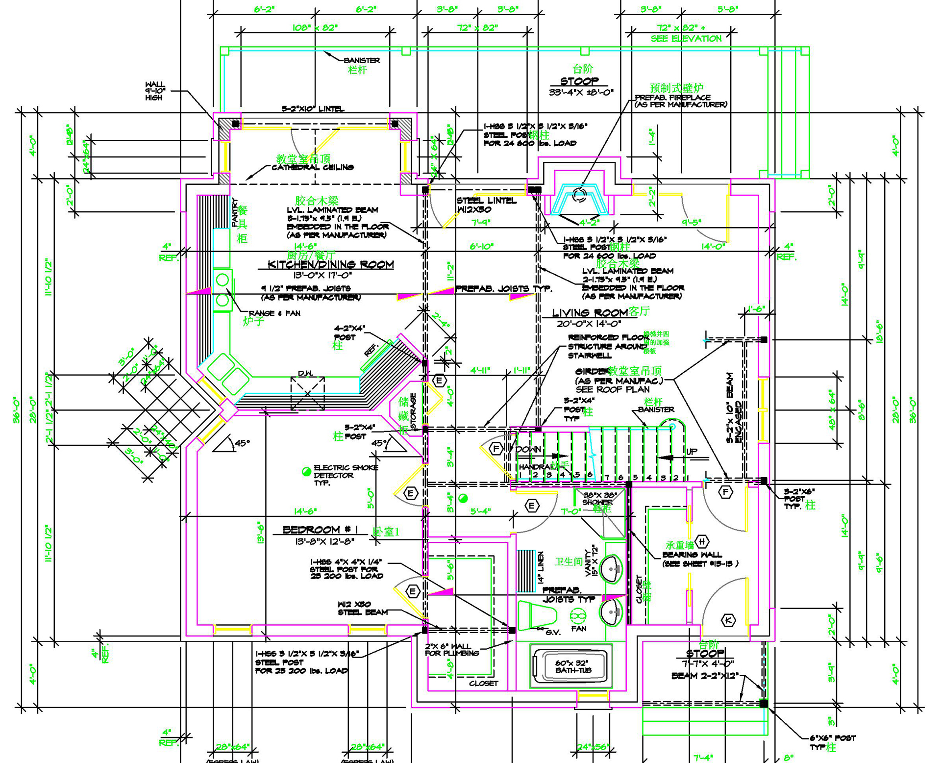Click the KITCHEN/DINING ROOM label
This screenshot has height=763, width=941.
pyautogui.click(x=330, y=265)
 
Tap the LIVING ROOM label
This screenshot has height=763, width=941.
pyautogui.click(x=590, y=313)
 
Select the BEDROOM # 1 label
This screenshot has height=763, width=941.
pyautogui.click(x=320, y=530)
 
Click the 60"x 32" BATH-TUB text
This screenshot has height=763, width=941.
pyautogui.click(x=573, y=666)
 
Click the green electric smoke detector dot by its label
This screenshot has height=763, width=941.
pyautogui.click(x=306, y=472)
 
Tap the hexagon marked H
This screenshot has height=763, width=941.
pyautogui.click(x=702, y=541)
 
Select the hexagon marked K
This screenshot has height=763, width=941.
pyautogui.click(x=728, y=620)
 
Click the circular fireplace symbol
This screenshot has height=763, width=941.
pyautogui.click(x=580, y=194)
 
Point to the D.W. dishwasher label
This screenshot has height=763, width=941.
pyautogui.click(x=305, y=374)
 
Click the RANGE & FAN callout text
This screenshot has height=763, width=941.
pyautogui.click(x=274, y=313)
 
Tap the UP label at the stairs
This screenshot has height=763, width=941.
pyautogui.click(x=692, y=451)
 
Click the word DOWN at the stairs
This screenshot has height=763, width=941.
pyautogui.click(x=529, y=449)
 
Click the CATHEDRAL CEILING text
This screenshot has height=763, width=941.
pyautogui.click(x=313, y=168)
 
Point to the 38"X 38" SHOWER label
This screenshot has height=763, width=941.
pyautogui.click(x=597, y=499)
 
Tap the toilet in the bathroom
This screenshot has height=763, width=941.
pyautogui.click(x=538, y=615)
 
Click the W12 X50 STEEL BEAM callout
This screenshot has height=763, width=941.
pyautogui.click(x=362, y=609)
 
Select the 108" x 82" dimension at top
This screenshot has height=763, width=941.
pyautogui.click(x=315, y=28)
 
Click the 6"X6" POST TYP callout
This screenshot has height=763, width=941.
pyautogui.click(x=832, y=742)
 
